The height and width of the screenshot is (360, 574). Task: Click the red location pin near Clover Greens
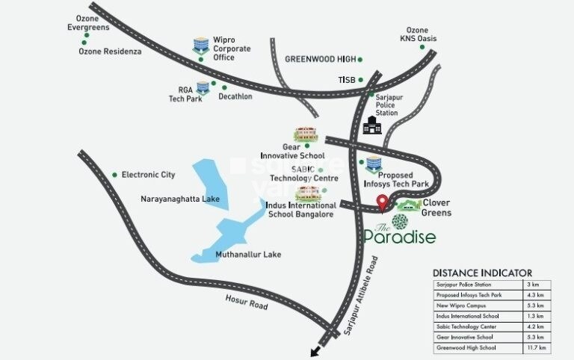pyautogui.click(x=382, y=202)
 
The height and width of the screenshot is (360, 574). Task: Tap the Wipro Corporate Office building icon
pyautogui.click(x=200, y=44)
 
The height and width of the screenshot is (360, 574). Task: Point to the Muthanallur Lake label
pyautogui.click(x=248, y=255)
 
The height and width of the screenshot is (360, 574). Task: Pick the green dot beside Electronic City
pyautogui.click(x=114, y=175)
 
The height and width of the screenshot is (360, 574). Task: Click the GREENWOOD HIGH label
pyautogui.click(x=319, y=59)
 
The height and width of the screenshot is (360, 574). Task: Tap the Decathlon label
pyautogui.click(x=235, y=96)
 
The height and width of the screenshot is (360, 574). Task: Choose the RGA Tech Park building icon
pyautogui.click(x=202, y=88)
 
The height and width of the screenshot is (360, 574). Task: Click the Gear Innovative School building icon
pyautogui.click(x=306, y=134)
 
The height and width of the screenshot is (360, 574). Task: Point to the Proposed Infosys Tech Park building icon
pyautogui.click(x=373, y=164)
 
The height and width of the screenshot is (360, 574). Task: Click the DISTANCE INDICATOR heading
pyautogui.click(x=482, y=273)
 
